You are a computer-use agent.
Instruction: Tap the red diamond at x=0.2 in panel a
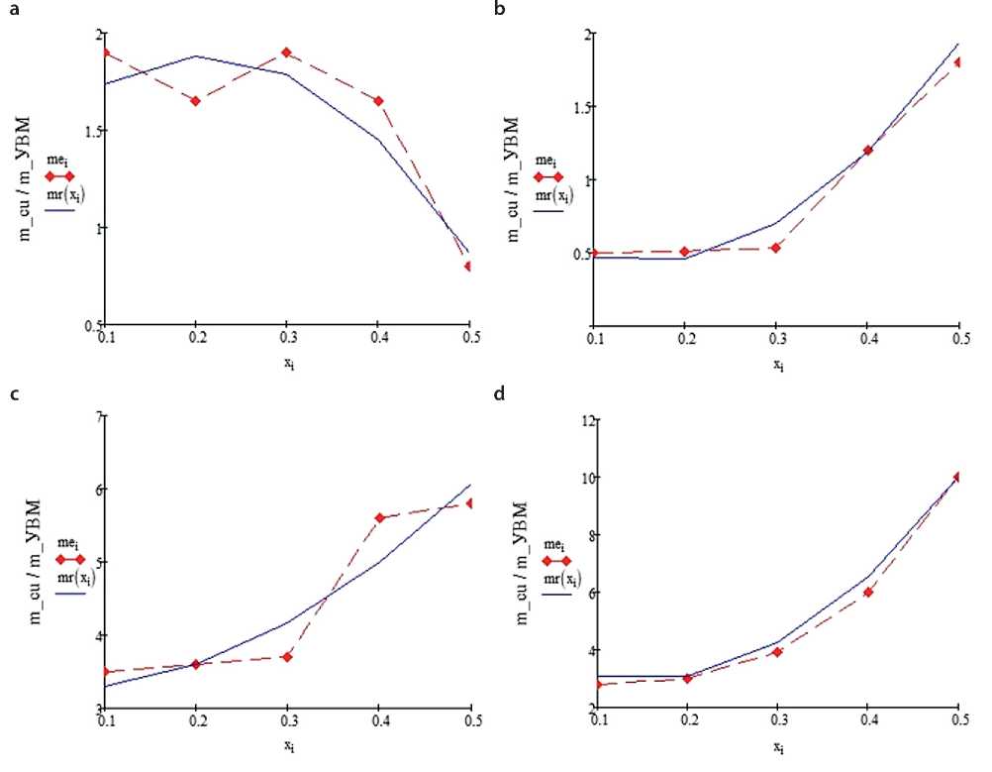pos(196,100)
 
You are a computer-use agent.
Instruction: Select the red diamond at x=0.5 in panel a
pos(468,266)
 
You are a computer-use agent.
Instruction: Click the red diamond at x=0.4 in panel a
pos(378,100)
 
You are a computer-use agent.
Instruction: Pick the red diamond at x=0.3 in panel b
pos(776,247)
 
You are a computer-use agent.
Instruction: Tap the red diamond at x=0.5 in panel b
pos(958,62)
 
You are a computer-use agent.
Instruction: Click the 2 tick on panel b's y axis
pos(587,35)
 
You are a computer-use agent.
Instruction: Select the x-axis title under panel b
pos(776,363)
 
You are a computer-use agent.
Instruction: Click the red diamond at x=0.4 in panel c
pos(380,517)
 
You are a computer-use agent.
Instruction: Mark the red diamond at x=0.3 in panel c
pos(287,656)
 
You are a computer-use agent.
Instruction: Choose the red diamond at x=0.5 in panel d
pos(958,477)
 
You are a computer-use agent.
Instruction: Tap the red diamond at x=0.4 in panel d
pos(867,592)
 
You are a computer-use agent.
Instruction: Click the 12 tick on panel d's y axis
pos(585,420)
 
